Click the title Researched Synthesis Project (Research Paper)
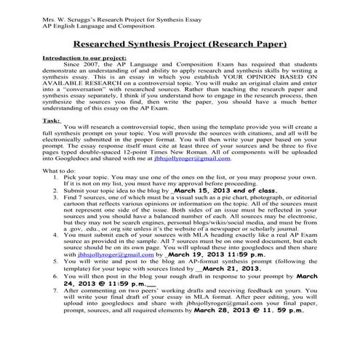[x=180, y=41]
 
